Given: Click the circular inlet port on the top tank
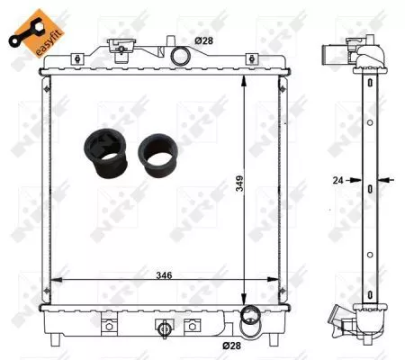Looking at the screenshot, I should (x=181, y=57).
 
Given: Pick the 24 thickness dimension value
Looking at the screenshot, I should (x=338, y=180).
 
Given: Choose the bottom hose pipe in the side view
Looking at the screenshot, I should (x=340, y=317).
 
